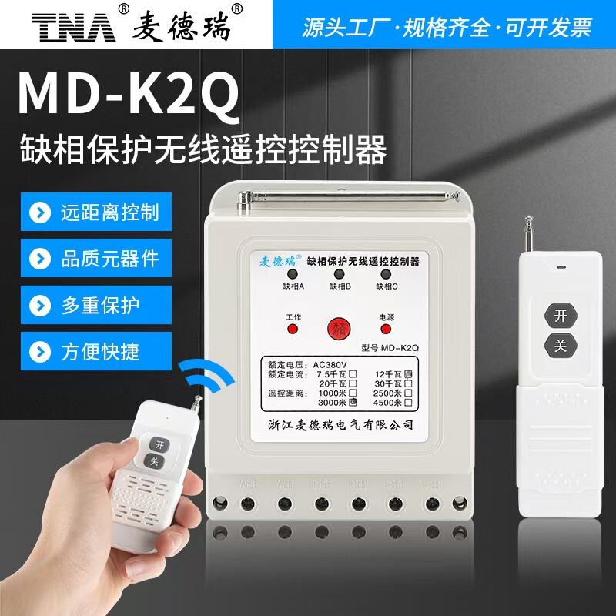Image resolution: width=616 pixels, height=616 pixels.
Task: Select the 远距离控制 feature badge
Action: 95,212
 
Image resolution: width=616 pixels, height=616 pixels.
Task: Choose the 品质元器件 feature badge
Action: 95,259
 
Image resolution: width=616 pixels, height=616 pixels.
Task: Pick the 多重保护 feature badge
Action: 95,306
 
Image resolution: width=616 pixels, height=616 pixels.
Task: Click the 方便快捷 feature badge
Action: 95,352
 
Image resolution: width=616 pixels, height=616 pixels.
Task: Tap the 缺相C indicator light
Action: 387,275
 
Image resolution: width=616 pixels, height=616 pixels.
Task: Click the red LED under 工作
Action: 293,329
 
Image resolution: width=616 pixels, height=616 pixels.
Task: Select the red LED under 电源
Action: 386,329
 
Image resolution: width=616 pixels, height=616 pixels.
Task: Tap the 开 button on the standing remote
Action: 559,315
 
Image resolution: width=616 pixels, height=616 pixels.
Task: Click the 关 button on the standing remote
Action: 559,346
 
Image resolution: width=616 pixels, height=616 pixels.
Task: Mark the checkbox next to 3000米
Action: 353,401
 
